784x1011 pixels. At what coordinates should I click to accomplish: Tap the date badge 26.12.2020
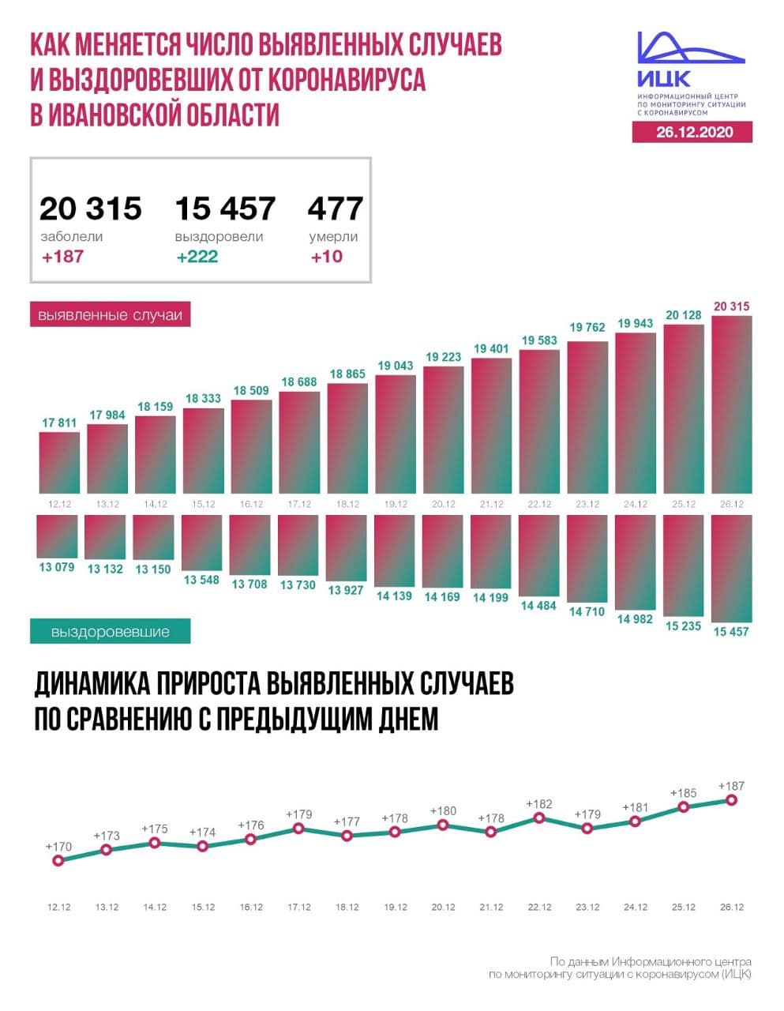click(692, 132)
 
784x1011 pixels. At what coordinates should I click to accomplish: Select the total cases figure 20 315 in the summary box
click(91, 209)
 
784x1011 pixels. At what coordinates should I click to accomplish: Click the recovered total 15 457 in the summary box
click(225, 209)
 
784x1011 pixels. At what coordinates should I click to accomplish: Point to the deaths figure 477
click(336, 209)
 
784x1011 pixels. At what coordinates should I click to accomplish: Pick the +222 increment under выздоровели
click(197, 257)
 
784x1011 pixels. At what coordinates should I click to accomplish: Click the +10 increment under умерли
click(327, 257)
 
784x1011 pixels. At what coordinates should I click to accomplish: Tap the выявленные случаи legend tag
click(111, 315)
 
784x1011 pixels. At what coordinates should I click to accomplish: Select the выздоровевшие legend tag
click(111, 632)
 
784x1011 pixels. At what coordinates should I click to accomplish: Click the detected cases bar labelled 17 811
click(59, 462)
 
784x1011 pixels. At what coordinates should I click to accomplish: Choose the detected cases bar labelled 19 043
click(395, 434)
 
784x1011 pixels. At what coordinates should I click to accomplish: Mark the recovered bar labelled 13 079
click(58, 536)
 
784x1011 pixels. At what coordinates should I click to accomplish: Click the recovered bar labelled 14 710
click(587, 558)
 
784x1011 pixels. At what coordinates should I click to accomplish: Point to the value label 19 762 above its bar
click(587, 328)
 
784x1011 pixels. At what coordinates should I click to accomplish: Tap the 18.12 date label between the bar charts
click(347, 504)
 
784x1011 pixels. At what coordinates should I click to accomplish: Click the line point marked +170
click(58, 861)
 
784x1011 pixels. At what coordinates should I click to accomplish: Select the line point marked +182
click(539, 817)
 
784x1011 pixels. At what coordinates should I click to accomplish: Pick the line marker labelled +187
click(731, 799)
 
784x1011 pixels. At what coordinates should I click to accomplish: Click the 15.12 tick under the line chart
click(203, 908)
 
